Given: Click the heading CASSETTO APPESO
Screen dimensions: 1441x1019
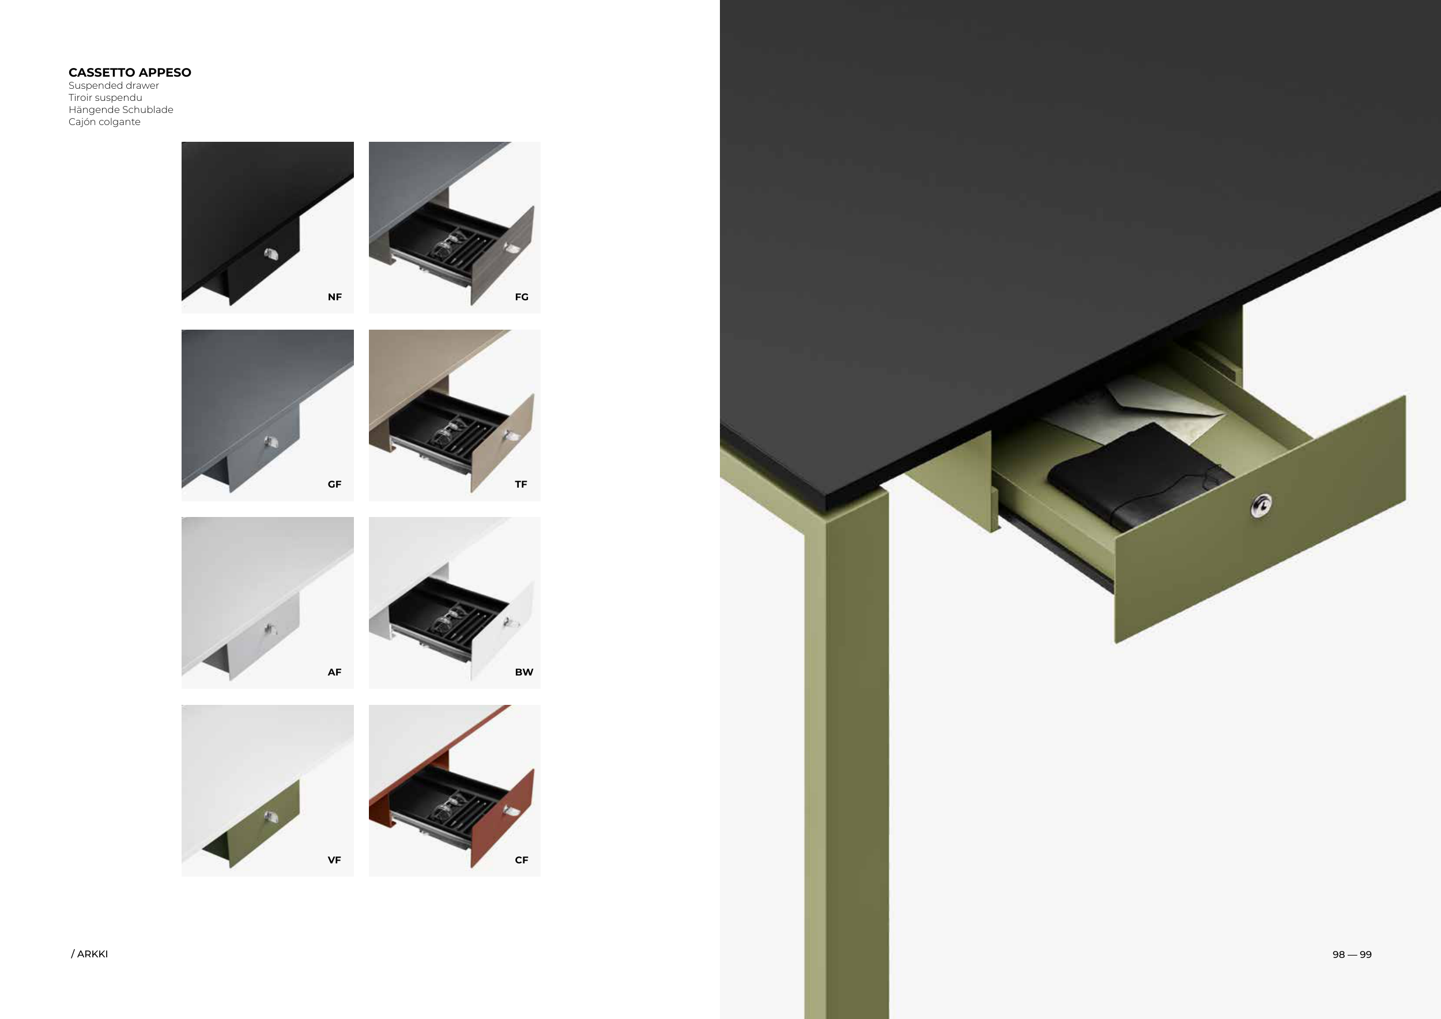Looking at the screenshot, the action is click(x=130, y=72).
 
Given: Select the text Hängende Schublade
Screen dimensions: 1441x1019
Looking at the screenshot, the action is click(x=120, y=110).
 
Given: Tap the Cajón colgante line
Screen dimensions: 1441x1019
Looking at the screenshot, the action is click(x=104, y=122).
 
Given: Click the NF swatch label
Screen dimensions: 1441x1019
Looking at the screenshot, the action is click(x=334, y=297).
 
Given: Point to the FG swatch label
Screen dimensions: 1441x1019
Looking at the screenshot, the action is click(x=522, y=297).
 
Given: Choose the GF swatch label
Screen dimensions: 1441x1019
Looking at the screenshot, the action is click(x=334, y=484).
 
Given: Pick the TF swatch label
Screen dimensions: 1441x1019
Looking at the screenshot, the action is click(x=521, y=484).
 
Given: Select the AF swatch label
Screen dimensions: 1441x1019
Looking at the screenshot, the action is click(x=334, y=672).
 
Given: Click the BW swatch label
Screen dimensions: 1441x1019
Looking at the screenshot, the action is click(x=524, y=672).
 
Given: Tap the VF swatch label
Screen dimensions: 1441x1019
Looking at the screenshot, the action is click(x=334, y=859).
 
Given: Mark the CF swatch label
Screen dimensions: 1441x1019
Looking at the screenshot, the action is click(x=522, y=859).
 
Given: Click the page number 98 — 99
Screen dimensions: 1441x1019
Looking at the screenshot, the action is click(x=1352, y=954).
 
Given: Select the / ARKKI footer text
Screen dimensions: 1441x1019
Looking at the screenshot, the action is click(x=89, y=954).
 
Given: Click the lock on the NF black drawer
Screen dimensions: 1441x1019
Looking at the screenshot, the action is click(x=270, y=254).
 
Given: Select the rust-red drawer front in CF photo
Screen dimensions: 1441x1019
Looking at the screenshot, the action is click(x=502, y=819).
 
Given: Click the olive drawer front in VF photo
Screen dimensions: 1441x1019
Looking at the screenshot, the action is click(x=263, y=825).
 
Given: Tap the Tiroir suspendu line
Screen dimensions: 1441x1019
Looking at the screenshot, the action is click(x=105, y=97).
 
